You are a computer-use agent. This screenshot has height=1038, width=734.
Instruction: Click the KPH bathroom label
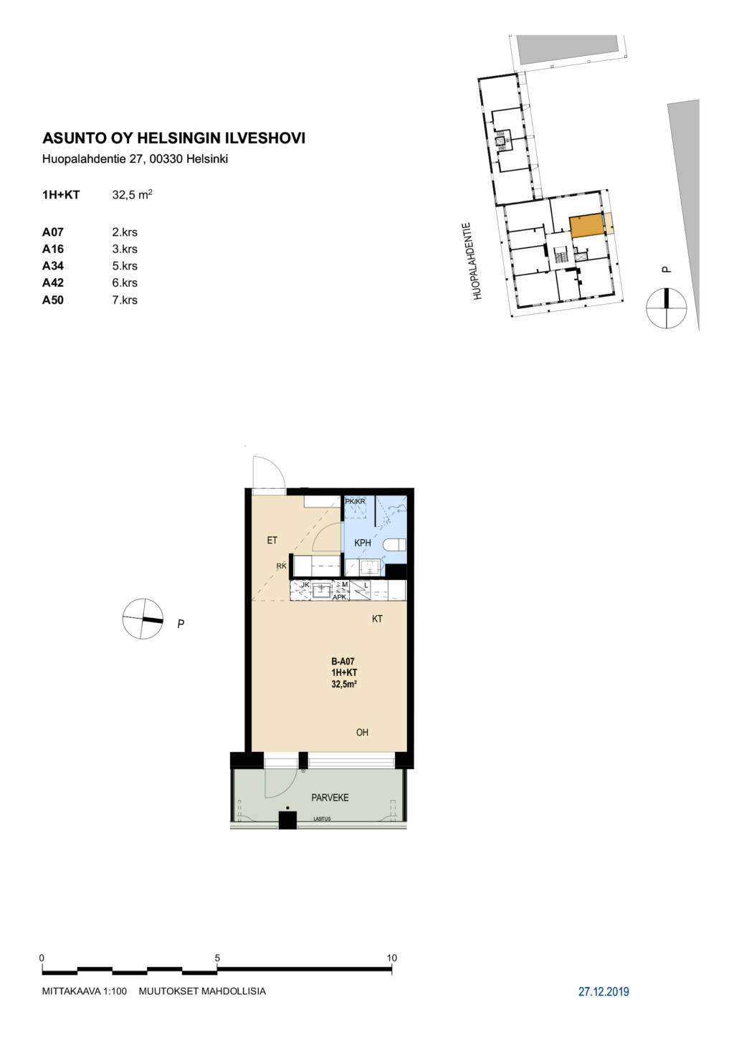(x=363, y=543)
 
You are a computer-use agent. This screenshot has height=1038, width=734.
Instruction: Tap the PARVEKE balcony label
(x=330, y=798)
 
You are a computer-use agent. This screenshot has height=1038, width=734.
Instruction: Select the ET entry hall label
(x=272, y=541)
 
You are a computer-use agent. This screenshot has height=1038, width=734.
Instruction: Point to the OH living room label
(x=362, y=732)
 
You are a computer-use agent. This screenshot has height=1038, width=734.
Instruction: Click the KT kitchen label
(x=377, y=619)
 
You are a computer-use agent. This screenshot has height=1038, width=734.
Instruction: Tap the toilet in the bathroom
(x=395, y=545)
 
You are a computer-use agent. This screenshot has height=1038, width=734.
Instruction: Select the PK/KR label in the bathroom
(x=355, y=501)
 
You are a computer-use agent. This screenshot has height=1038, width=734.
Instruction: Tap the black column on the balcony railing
(x=287, y=820)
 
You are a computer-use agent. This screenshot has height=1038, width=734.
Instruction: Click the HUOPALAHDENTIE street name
(x=478, y=262)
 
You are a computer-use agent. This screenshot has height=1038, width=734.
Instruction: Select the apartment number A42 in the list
(x=53, y=282)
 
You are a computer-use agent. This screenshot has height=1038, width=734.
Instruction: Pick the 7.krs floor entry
(x=125, y=300)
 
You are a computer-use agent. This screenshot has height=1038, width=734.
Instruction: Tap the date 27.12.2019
(x=604, y=991)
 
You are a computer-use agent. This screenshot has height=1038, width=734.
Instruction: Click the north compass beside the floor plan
(x=143, y=619)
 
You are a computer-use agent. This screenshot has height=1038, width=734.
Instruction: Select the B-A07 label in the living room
(x=343, y=662)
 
